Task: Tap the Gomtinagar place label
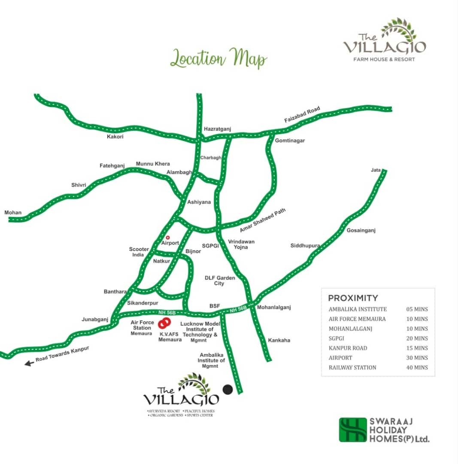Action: pos(290,140)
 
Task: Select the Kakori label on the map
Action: pos(115,137)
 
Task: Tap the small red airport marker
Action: pos(168,237)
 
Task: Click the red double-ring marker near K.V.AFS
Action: pos(164,323)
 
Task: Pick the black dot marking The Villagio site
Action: pos(228,389)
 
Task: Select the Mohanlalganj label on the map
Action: pos(274,307)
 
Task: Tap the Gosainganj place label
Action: pos(361,231)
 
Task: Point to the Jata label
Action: pos(376,170)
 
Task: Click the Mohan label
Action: pos(12,213)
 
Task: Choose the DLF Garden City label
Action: pos(220,281)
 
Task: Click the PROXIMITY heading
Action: pos(353,298)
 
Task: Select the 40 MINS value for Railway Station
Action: pos(417,367)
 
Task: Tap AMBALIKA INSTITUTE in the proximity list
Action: pos(358,309)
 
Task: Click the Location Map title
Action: pos(218,59)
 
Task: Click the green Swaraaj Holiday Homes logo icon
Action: pos(353,430)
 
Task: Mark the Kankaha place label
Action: pos(279,340)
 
